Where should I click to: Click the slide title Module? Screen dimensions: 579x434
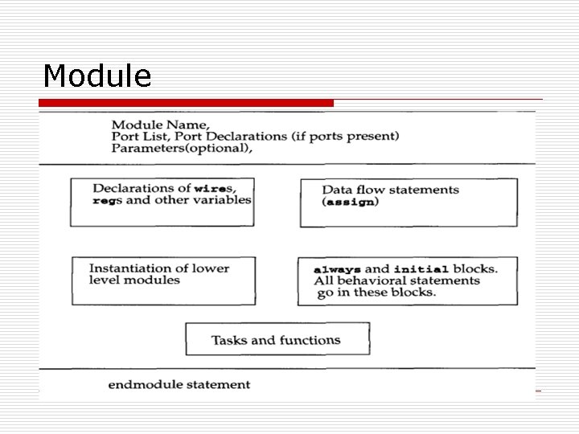click(97, 76)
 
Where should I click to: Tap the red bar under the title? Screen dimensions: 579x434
click(187, 103)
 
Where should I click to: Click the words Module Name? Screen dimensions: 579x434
click(160, 125)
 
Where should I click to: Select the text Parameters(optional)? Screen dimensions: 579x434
click(181, 148)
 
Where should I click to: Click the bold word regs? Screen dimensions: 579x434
click(108, 200)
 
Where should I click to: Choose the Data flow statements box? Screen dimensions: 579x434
click(409, 203)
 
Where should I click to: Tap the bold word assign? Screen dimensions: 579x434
click(350, 203)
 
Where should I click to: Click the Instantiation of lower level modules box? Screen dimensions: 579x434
click(163, 280)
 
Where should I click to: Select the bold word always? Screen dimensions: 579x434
click(338, 269)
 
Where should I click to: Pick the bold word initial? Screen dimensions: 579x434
click(421, 269)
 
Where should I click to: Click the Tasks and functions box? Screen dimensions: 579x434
click(277, 339)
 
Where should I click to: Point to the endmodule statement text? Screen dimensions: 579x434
click(179, 385)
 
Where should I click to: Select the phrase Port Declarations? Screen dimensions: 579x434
click(236, 136)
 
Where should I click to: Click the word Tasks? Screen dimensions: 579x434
click(229, 340)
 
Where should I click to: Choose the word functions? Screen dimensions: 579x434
click(311, 340)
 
